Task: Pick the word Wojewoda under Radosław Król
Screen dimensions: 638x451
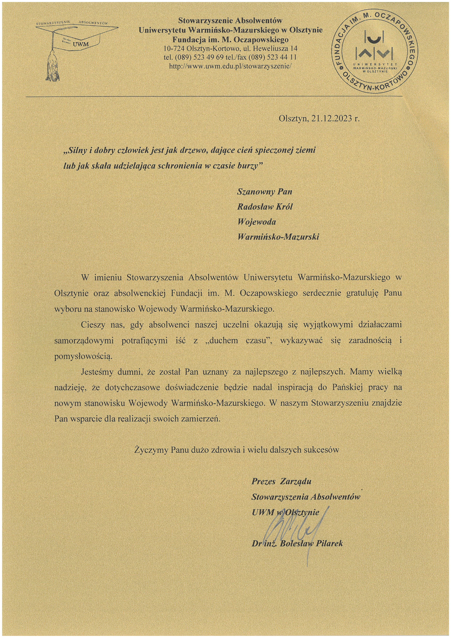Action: point(257,222)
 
